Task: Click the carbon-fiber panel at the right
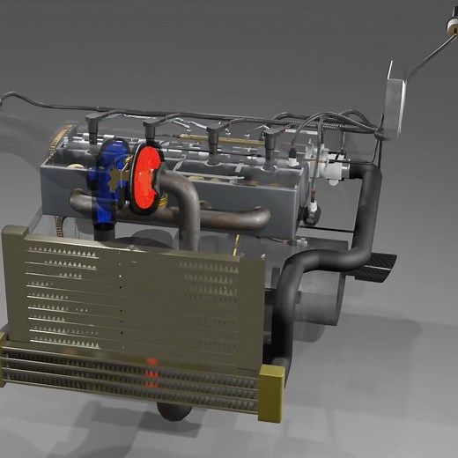[375, 263]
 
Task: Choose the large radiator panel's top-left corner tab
[14, 233]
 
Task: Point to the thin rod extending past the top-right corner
[432, 53]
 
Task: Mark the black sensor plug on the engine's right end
[313, 211]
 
